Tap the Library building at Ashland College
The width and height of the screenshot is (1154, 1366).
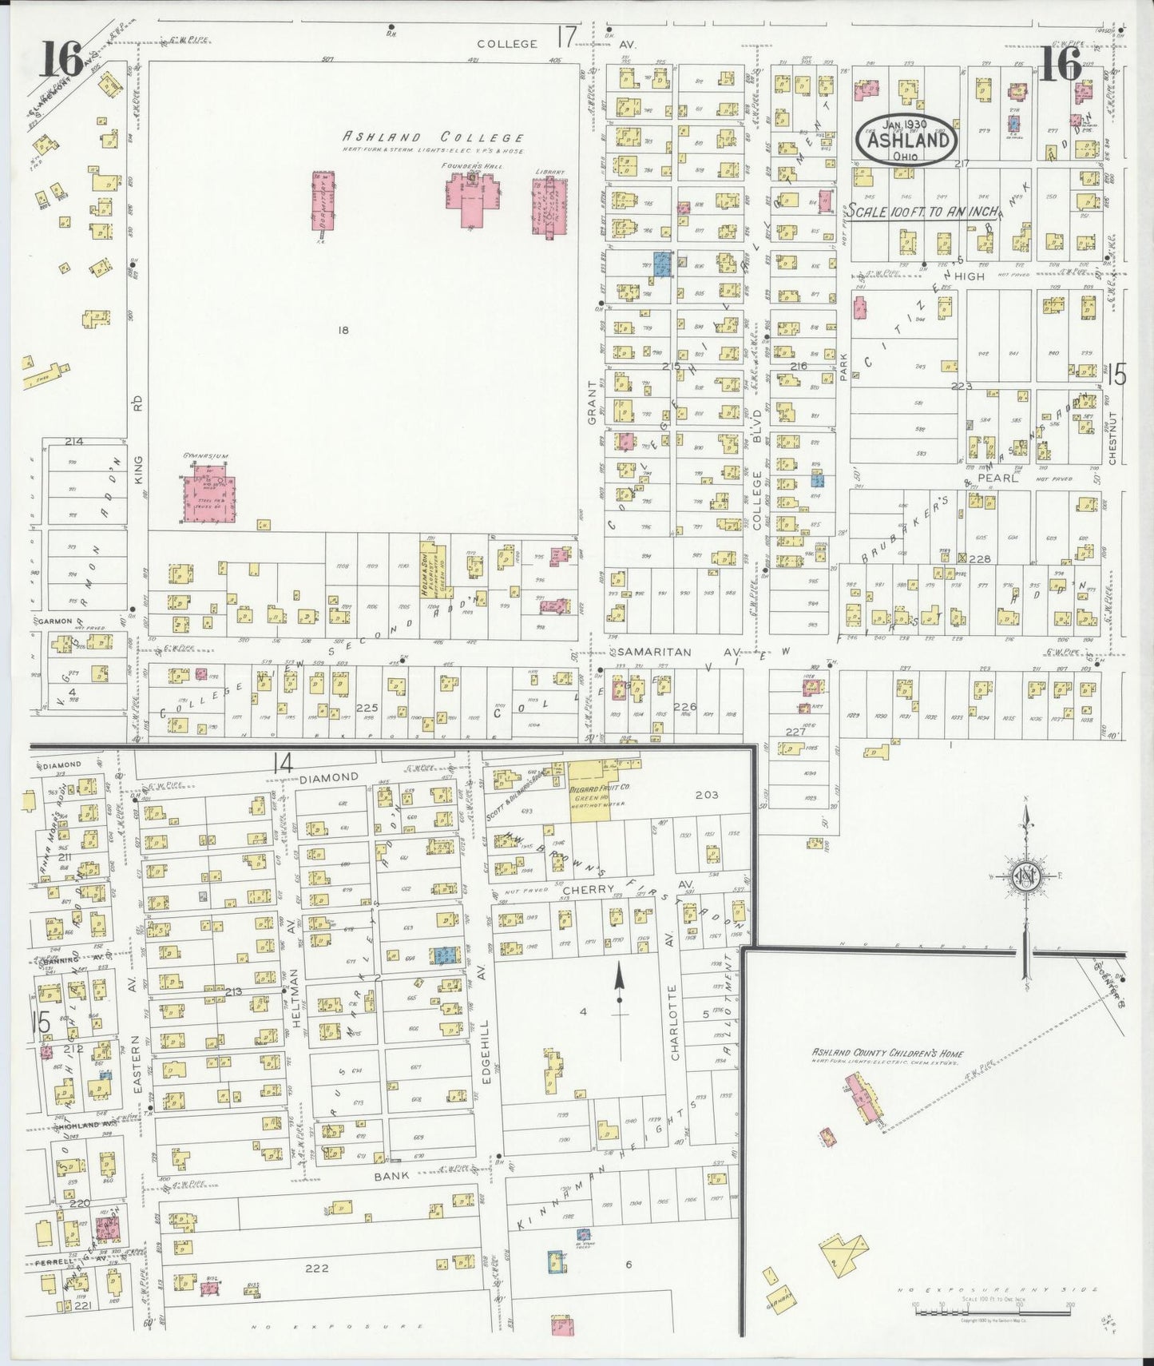[x=549, y=207]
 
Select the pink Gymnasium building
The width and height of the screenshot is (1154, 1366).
[x=209, y=497]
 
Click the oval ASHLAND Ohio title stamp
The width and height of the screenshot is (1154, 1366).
[x=906, y=139]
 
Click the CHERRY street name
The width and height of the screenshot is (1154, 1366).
[x=587, y=888]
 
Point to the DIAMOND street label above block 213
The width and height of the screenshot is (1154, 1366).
[x=325, y=776]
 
